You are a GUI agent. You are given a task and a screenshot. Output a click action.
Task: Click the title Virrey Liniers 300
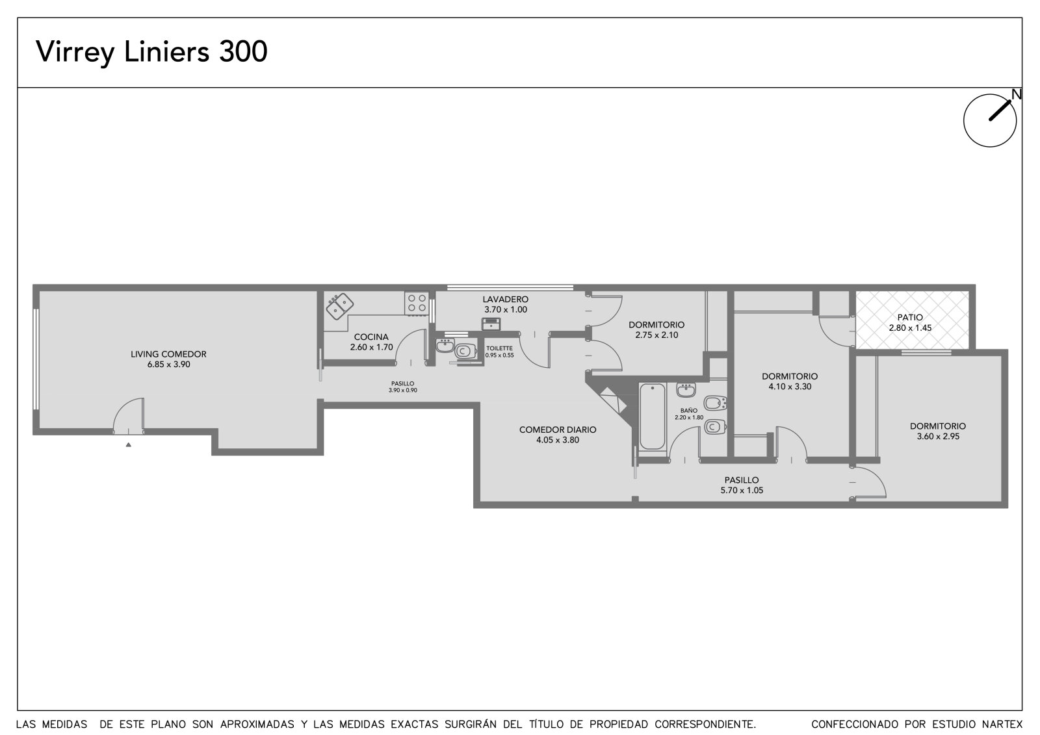pos(151,51)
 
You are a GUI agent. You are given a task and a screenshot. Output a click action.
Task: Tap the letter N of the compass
pos(1017,94)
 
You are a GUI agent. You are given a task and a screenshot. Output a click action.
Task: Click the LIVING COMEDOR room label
pos(168,354)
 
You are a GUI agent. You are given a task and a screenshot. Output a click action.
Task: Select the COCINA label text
pos(371,337)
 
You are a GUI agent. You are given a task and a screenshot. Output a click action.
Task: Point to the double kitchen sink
pos(339,306)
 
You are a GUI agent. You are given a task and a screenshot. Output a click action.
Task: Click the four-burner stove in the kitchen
pos(417,303)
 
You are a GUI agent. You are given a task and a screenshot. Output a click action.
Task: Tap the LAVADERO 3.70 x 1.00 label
pos(505,305)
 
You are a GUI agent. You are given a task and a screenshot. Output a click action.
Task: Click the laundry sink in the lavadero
pos(491,324)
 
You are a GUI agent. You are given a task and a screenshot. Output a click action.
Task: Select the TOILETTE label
pos(500,348)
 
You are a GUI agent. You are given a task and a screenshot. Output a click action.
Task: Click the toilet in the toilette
pos(465,351)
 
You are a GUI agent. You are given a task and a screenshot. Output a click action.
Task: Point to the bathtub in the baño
pos(653,417)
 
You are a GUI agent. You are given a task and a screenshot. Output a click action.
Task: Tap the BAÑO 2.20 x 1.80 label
pos(689,414)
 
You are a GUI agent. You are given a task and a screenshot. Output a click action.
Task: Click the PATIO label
pos(910,318)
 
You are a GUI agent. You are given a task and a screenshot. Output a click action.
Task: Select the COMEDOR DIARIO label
pos(558,430)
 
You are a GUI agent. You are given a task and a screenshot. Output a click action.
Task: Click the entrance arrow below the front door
pos(129,445)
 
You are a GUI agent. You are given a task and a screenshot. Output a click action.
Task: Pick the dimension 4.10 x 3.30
pos(790,387)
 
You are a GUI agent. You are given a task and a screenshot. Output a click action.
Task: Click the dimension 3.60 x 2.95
pos(938,437)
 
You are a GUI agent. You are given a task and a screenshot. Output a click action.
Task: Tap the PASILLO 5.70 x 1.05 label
pos(742,485)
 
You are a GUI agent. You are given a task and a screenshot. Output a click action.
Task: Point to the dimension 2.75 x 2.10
pos(656,335)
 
